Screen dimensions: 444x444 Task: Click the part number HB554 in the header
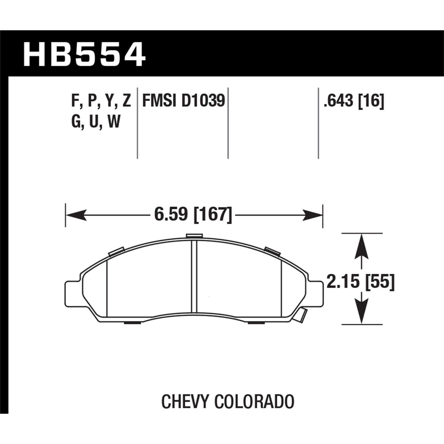pos(84,55)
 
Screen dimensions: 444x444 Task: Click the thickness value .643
pos(339,101)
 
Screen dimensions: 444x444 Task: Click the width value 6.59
pos(171,214)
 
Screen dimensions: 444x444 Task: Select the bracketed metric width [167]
pos(212,214)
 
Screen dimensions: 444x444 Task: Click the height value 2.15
pos(343,281)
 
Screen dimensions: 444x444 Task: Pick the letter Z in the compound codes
pos(126,101)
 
